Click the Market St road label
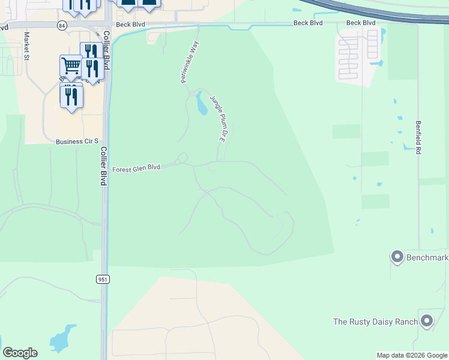click(x=26, y=46)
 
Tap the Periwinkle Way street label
click(x=190, y=62)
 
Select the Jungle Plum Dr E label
click(x=217, y=118)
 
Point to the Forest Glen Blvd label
click(x=136, y=169)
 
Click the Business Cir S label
click(x=76, y=142)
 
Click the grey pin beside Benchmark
click(x=396, y=257)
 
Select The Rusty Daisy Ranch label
click(x=375, y=322)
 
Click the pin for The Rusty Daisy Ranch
click(x=427, y=320)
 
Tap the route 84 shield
click(x=62, y=25)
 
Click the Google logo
click(x=20, y=353)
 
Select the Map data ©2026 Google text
click(x=412, y=355)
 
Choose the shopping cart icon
click(x=71, y=65)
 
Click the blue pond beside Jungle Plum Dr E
click(x=201, y=104)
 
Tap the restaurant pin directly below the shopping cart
click(x=71, y=96)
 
